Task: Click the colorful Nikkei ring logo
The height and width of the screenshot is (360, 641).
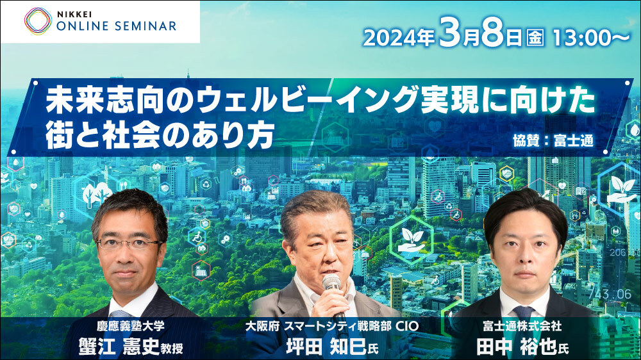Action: click(x=38, y=21)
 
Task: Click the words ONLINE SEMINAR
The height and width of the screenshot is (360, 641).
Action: click(x=117, y=26)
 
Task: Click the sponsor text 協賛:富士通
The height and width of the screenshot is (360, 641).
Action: click(x=553, y=140)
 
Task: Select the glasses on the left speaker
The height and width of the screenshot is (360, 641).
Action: click(x=128, y=244)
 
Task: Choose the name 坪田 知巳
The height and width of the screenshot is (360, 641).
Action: click(x=326, y=347)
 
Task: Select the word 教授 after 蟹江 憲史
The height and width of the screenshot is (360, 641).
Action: click(x=172, y=348)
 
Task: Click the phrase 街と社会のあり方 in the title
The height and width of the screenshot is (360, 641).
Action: click(x=160, y=135)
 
